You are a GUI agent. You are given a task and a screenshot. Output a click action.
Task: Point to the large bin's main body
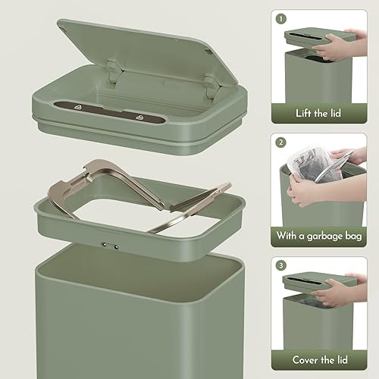(129, 326)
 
